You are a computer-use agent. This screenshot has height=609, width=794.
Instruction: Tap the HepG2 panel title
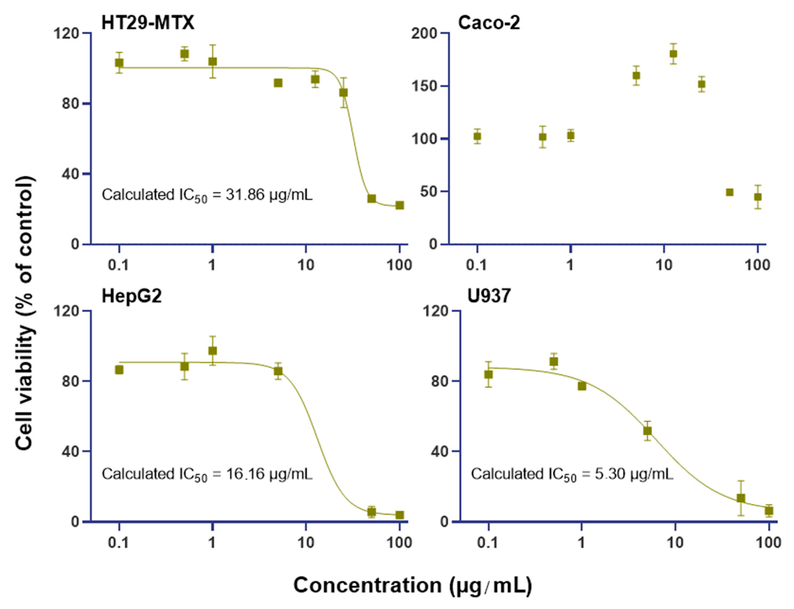click(131, 296)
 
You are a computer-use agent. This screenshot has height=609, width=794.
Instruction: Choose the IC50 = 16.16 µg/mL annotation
click(207, 474)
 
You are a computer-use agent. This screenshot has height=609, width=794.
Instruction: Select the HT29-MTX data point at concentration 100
click(399, 205)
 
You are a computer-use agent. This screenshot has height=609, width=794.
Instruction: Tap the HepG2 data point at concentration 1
click(213, 350)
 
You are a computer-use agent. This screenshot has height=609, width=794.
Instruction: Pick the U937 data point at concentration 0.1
click(488, 374)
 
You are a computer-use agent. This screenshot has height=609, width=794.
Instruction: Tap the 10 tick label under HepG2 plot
click(306, 543)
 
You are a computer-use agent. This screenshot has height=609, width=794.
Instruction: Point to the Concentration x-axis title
click(412, 585)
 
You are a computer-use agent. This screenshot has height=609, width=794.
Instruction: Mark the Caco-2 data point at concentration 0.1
click(477, 137)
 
